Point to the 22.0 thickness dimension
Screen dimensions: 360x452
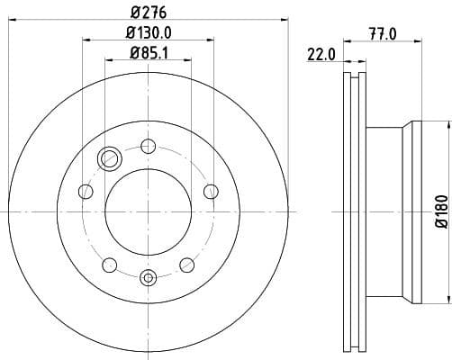point(321,54)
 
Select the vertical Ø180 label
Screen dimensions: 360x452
point(440,212)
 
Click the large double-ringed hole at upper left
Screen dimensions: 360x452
point(111,159)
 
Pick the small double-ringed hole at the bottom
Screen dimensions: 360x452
point(149,276)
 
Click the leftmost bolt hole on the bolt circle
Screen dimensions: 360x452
point(86,191)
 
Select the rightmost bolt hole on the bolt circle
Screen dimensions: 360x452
point(212,191)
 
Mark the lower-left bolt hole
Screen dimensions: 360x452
point(110,264)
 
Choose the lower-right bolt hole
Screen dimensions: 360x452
point(187,264)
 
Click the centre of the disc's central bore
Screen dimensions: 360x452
point(149,211)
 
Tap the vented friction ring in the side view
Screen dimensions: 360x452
point(354,211)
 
